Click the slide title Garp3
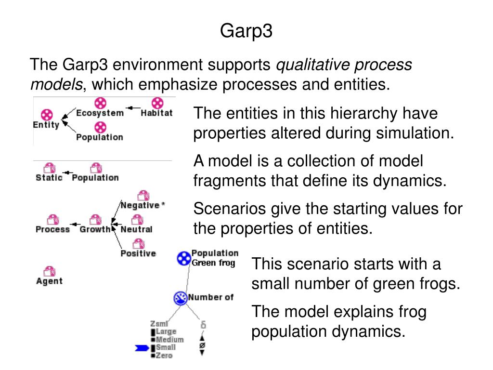click(x=246, y=31)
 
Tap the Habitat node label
click(x=156, y=114)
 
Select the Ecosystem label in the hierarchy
click(x=100, y=114)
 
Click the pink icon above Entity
click(x=47, y=115)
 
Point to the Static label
click(x=49, y=178)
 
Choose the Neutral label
click(x=136, y=229)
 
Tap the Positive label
click(x=138, y=253)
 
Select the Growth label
click(x=95, y=229)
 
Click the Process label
click(x=52, y=229)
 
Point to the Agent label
click(x=49, y=281)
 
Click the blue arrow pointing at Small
click(x=142, y=347)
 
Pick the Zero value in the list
click(x=164, y=356)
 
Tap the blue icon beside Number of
click(x=181, y=298)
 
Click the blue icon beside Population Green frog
click(x=184, y=259)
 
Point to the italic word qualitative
click(x=310, y=65)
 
